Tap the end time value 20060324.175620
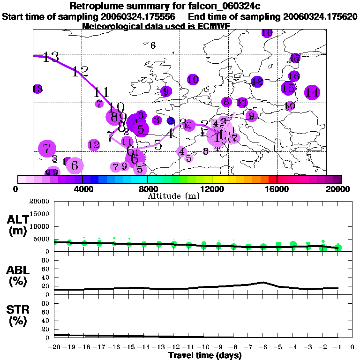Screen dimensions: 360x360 pyautogui.click(x=321, y=16)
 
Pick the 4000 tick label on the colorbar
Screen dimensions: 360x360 pyautogui.click(x=82, y=189)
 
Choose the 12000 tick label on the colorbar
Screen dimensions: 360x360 pyautogui.click(x=212, y=189)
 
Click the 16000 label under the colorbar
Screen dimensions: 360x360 pyautogui.click(x=277, y=189)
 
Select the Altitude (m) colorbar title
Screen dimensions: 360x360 pyautogui.click(x=173, y=195)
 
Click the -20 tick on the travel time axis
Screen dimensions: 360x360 pyautogui.click(x=55, y=347)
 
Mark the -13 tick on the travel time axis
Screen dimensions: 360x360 pyautogui.click(x=159, y=347)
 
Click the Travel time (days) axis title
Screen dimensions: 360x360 pyautogui.click(x=205, y=355)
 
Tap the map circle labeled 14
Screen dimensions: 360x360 pyautogui.click(x=312, y=93)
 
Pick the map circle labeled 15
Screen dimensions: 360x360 pyautogui.click(x=288, y=88)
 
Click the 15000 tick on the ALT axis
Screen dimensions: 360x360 pyautogui.click(x=40, y=214)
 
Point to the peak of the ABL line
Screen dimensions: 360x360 pyautogui.click(x=263, y=282)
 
